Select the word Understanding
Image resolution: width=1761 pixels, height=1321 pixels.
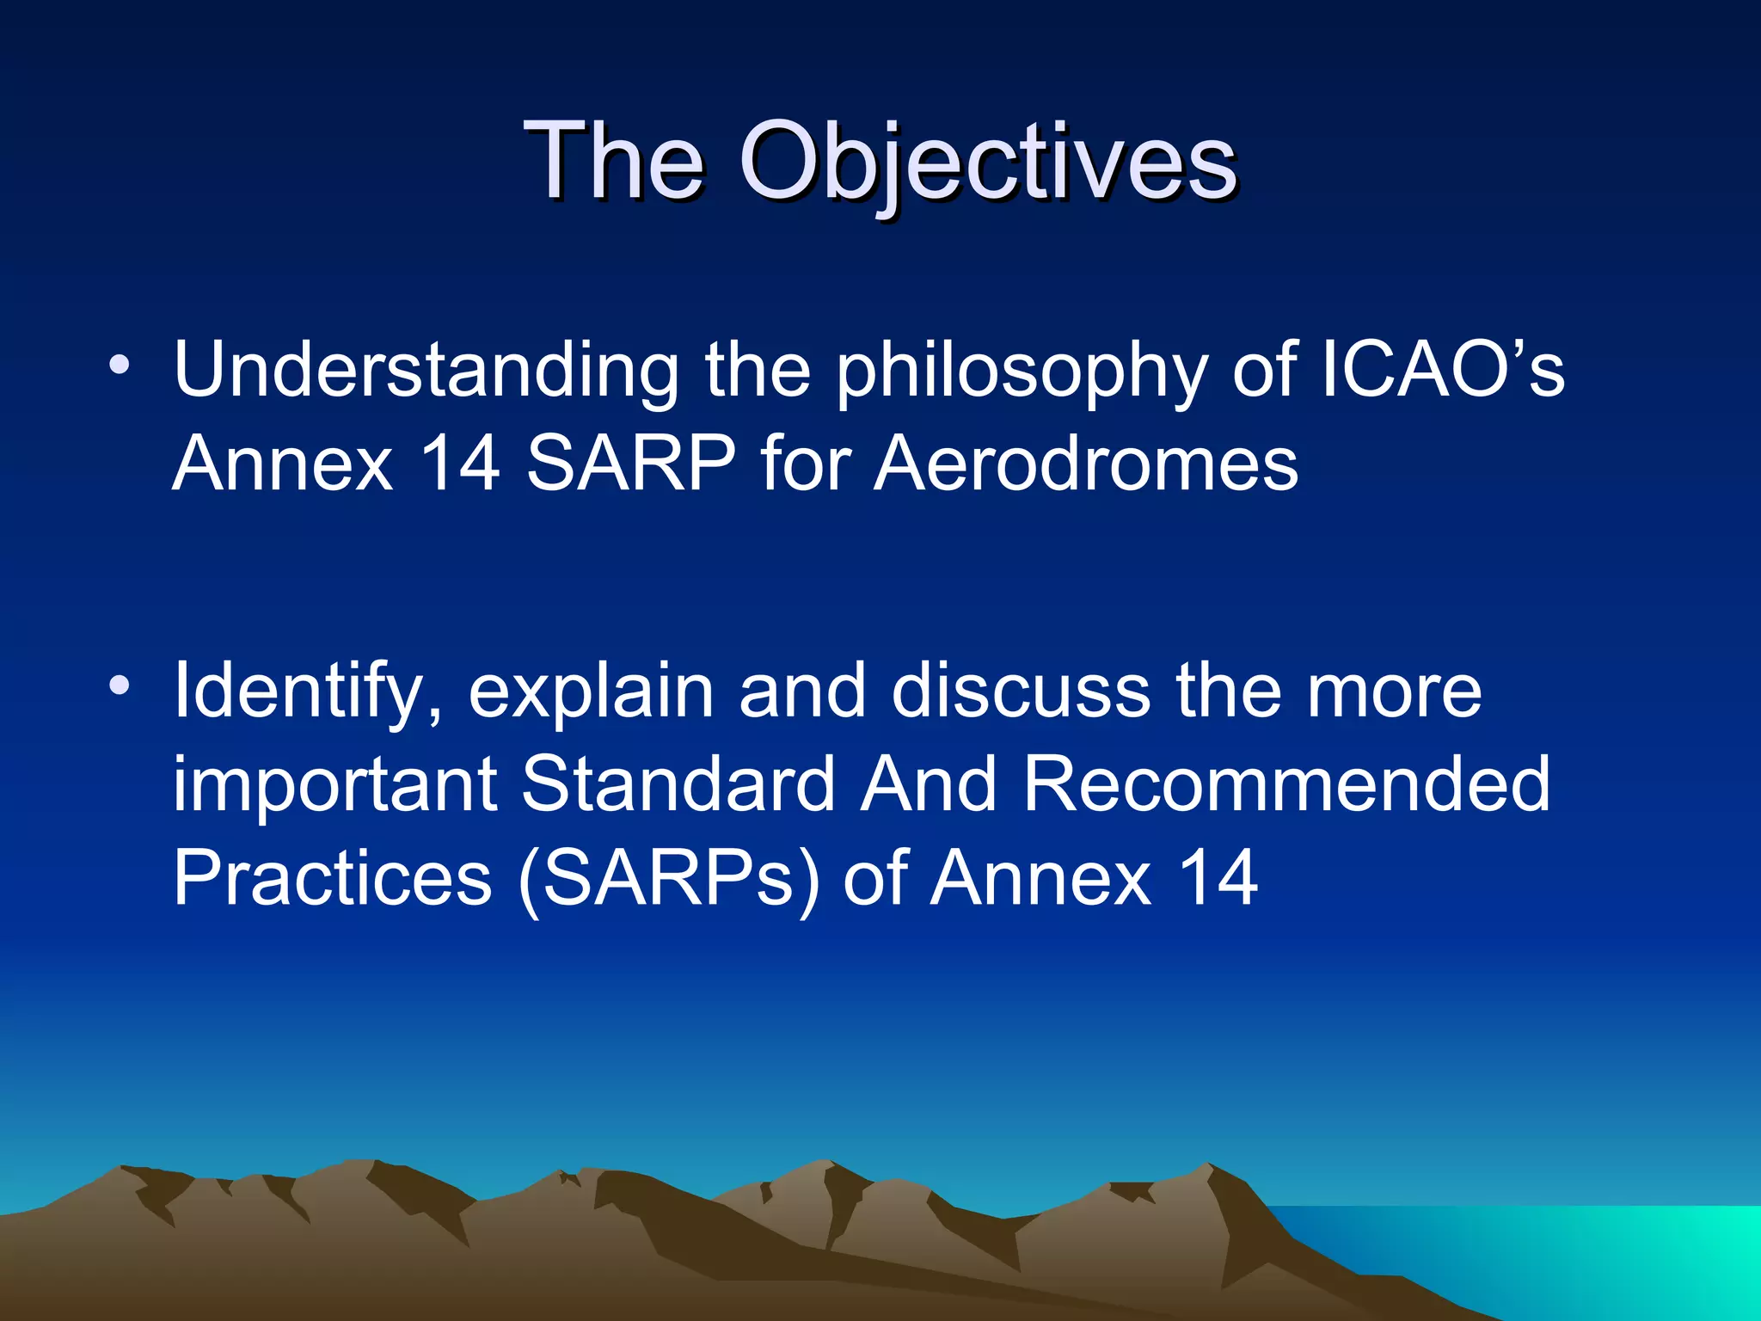(x=426, y=371)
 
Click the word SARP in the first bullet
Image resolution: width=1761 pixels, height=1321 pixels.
(x=631, y=464)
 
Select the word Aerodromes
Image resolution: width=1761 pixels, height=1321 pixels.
(x=1086, y=464)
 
